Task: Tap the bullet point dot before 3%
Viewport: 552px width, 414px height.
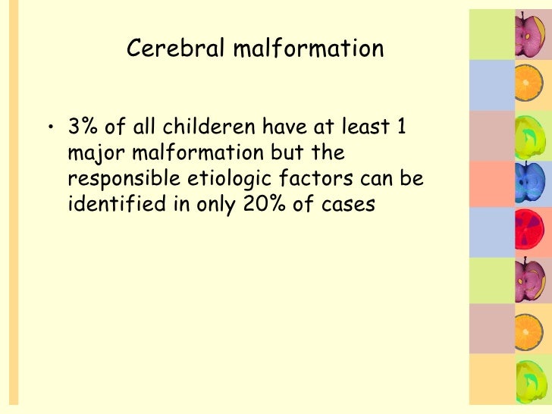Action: [x=49, y=127]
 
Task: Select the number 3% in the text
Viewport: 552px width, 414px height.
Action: [x=83, y=127]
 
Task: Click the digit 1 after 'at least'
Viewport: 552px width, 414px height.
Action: [x=401, y=127]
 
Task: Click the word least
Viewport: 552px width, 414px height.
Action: [x=362, y=127]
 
